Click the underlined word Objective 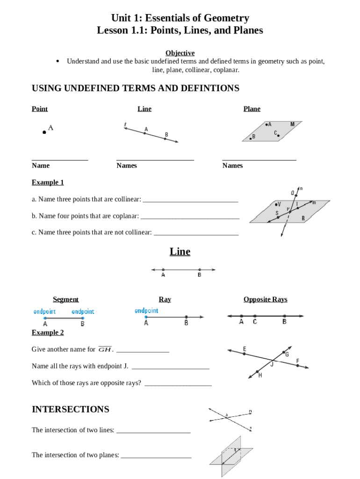pos(180,53)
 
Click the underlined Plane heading pos(252,109)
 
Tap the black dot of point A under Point pos(44,132)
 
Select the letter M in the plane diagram pos(292,124)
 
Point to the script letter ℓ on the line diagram pos(125,124)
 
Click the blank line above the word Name pos(60,160)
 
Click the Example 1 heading pos(48,182)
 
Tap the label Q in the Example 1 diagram pos(293,192)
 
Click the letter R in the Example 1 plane pos(303,218)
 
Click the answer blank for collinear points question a pos(190,201)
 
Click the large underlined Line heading pos(180,252)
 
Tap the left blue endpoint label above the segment pos(44,312)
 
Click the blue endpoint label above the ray pos(146,311)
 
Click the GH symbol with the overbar pos(105,349)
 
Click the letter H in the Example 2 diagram pos(260,375)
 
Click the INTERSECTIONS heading pos(70,409)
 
